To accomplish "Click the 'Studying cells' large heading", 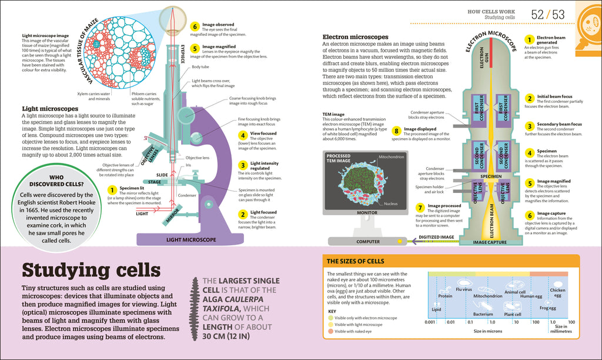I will (x=91, y=270).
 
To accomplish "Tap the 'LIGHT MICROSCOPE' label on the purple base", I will (x=192, y=239).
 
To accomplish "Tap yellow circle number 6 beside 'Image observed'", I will (x=195, y=26).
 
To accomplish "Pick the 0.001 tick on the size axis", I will (x=430, y=322).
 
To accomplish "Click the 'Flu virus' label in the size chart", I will (x=463, y=289).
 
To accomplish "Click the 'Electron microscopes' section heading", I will (x=356, y=36).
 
